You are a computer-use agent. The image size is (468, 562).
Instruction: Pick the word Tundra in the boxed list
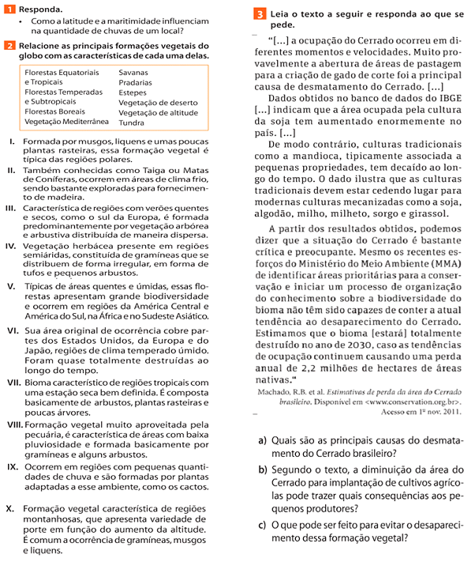pyautogui.click(x=132, y=123)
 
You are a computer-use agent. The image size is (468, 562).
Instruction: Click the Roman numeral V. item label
pyautogui.click(x=9, y=285)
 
